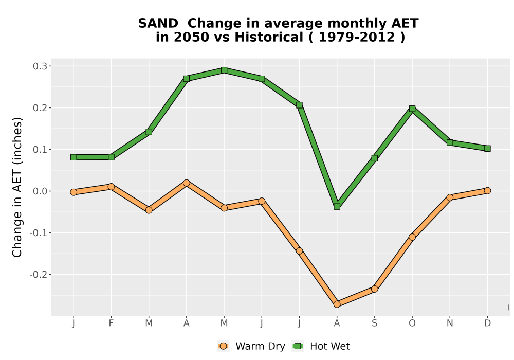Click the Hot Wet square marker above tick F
[111, 157]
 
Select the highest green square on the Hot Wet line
[224, 70]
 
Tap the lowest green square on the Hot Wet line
[337, 207]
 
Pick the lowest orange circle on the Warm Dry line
[337, 304]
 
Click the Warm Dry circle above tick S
[374, 289]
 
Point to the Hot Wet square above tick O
[412, 109]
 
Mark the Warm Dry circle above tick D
[487, 190]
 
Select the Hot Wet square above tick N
[450, 142]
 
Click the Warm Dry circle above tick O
[412, 237]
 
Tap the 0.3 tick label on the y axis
[40, 66]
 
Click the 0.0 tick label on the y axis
[40, 191]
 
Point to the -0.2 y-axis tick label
[38, 275]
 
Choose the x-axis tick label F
[111, 323]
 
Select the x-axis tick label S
[374, 323]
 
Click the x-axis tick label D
[487, 323]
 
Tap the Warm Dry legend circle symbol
[223, 346]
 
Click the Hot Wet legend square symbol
[298, 346]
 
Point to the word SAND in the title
[158, 24]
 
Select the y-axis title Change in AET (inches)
[17, 187]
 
